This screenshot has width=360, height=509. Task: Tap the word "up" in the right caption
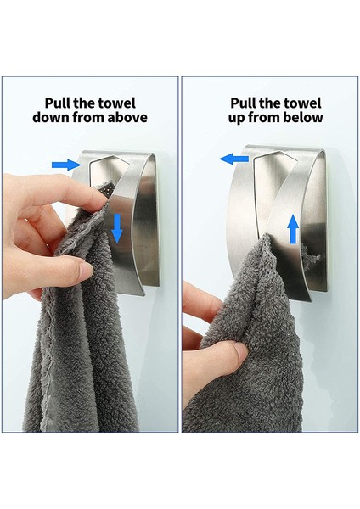(x=236, y=118)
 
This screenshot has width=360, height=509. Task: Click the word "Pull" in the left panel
(x=57, y=103)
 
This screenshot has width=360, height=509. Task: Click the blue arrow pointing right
(x=66, y=165)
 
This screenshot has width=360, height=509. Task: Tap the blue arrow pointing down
(x=117, y=228)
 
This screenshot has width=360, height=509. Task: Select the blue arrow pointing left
(x=234, y=159)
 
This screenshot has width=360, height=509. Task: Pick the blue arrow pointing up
(x=294, y=229)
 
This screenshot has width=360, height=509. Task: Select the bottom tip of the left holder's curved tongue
(x=143, y=294)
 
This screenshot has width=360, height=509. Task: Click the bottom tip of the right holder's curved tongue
(x=310, y=300)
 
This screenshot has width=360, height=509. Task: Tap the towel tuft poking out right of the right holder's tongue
(x=312, y=258)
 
